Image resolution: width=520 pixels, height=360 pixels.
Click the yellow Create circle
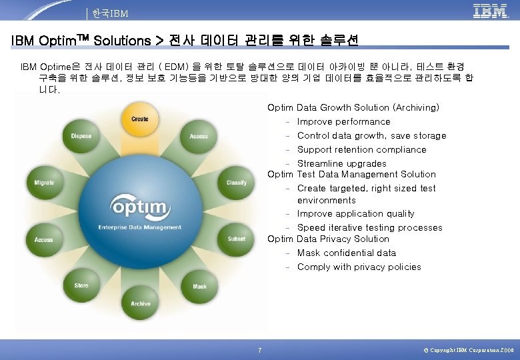[x=140, y=119]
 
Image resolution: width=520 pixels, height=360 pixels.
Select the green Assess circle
[x=199, y=136]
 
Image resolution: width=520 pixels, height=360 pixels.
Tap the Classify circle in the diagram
[x=236, y=182]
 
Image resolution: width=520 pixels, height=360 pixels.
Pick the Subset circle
[x=236, y=238]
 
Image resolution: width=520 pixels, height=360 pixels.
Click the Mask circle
[x=199, y=286]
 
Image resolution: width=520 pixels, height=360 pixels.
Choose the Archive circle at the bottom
[x=141, y=303]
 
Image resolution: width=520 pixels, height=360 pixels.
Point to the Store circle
[x=81, y=285]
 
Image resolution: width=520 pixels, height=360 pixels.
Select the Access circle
[x=44, y=239]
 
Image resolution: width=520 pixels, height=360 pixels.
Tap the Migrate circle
[x=44, y=182]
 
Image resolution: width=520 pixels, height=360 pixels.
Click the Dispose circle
[x=81, y=136]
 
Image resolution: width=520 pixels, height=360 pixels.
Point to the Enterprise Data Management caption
[x=140, y=227]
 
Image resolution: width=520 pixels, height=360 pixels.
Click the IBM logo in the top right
[x=490, y=11]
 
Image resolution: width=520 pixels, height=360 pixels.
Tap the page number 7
[x=259, y=350]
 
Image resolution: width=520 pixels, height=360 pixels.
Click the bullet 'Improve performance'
[x=343, y=122]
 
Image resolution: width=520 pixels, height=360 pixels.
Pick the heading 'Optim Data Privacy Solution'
[x=328, y=239]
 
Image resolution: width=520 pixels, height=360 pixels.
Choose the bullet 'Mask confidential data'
[x=346, y=253]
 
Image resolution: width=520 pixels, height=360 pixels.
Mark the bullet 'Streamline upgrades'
[x=341, y=164]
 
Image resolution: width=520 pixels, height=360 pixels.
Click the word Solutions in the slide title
[x=123, y=41]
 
